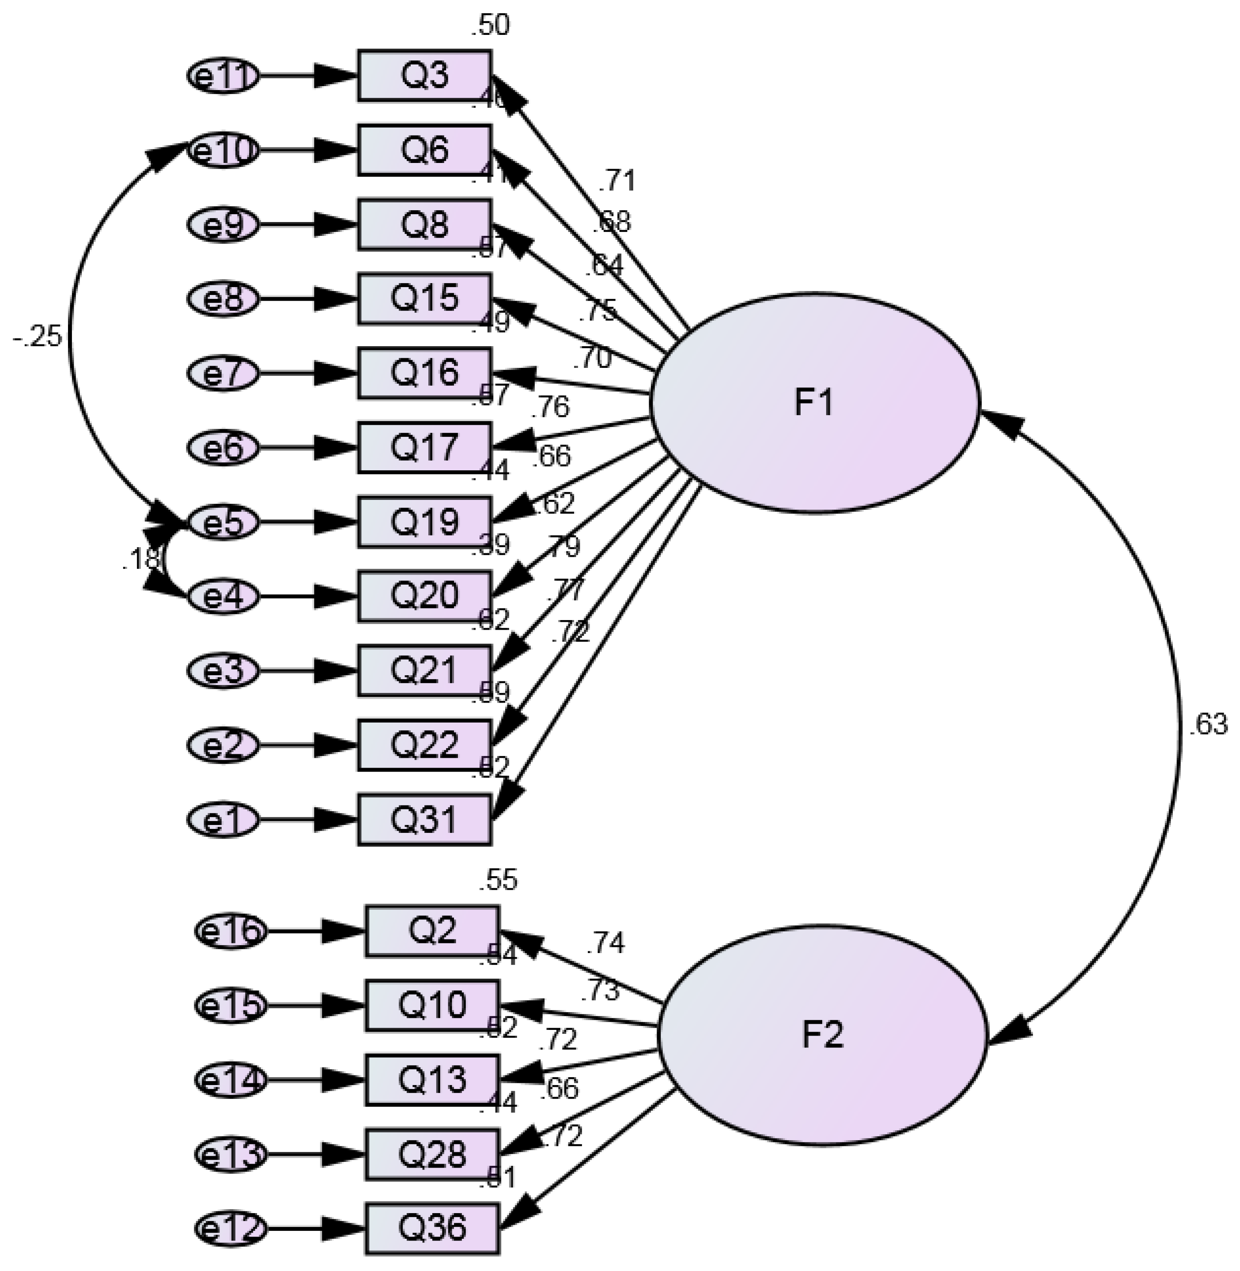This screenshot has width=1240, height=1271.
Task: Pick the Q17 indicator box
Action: point(424,447)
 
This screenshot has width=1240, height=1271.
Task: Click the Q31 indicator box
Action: point(424,820)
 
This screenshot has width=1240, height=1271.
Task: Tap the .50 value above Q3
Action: point(490,26)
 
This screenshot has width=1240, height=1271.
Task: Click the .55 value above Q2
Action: point(498,881)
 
